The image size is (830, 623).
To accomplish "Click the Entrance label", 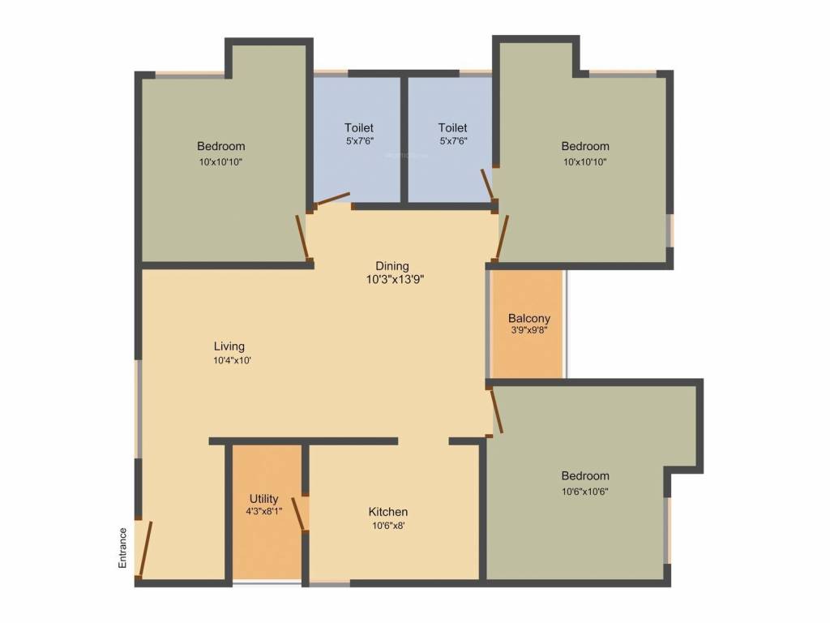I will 122,547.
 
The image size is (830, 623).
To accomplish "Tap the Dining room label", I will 391,266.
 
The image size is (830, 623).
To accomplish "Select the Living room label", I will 229,346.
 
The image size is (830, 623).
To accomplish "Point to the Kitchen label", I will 388,512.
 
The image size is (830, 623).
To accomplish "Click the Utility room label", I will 264,499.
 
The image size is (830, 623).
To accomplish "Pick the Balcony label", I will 529,318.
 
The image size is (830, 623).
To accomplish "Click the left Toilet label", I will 359,127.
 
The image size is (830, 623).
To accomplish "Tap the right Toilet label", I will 453,127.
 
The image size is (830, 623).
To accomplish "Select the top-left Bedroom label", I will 220,146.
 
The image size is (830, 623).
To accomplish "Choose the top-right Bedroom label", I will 585,146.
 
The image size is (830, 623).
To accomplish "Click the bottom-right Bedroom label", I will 585,475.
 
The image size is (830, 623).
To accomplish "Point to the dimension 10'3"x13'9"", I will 395,280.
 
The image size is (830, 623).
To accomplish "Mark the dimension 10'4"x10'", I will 232,360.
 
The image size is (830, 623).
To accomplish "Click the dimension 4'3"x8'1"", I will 264,512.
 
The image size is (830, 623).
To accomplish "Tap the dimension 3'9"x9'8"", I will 529,330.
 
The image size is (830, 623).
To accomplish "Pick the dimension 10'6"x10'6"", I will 585,490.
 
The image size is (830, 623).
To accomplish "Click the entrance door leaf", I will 145,548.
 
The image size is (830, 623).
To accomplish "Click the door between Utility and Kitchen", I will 301,513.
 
